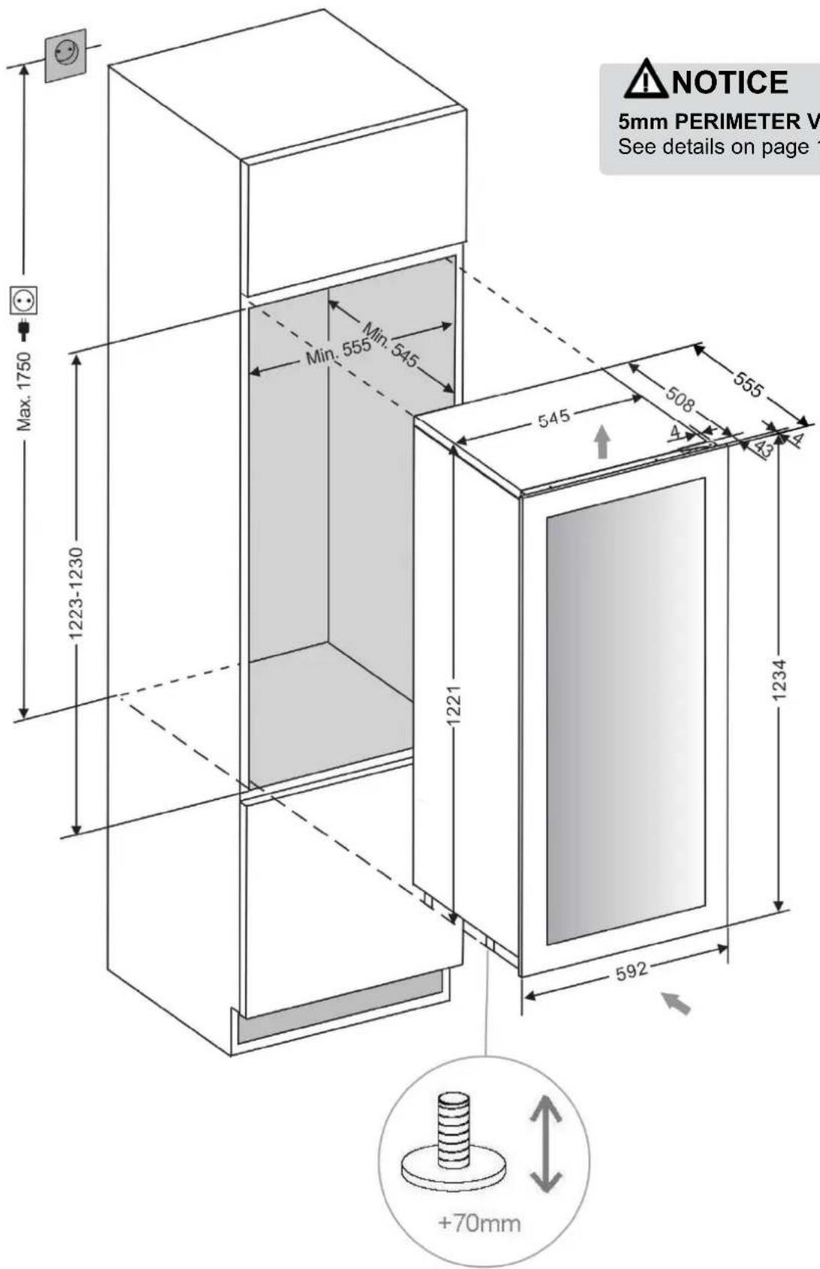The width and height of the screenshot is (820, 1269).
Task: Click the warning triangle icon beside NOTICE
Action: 645,80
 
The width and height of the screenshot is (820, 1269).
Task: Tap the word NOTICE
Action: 730,82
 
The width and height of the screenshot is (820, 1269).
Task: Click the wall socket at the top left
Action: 65,54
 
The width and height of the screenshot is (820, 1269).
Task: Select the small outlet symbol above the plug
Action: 23,302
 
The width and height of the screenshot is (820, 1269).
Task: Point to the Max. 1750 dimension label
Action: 26,391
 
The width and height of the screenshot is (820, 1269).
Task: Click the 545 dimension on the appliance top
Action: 554,417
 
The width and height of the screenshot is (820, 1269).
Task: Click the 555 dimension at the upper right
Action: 749,385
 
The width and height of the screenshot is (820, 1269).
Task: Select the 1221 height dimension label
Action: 453,706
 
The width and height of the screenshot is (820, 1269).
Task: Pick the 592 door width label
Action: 631,971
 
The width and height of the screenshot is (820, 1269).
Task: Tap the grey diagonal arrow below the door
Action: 676,1003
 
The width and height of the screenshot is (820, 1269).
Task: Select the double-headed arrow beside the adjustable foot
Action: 545,1144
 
